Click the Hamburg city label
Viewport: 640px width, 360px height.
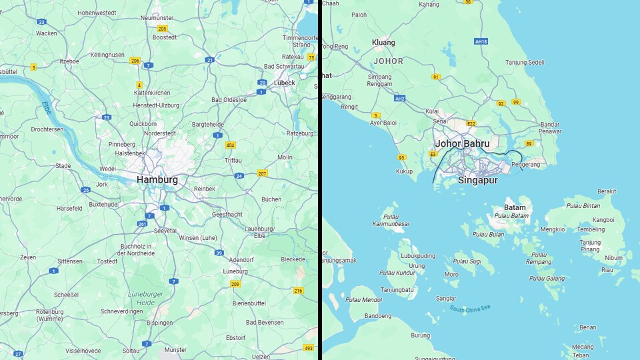(x=157, y=180)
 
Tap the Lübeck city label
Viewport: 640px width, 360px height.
(x=284, y=83)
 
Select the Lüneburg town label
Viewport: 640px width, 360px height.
(x=235, y=271)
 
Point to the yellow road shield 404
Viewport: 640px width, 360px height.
(x=231, y=145)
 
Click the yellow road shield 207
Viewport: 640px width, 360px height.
(x=262, y=173)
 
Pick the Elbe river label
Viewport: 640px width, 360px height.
(x=46, y=107)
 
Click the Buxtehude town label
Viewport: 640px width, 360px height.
(x=103, y=204)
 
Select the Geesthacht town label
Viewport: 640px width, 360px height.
(x=228, y=215)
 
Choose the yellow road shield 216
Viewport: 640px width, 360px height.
(x=298, y=290)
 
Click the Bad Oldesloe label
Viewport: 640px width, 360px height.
(x=229, y=100)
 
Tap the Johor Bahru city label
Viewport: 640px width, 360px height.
(x=462, y=143)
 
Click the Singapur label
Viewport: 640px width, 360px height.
(x=478, y=180)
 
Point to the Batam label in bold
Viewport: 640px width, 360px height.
(x=515, y=207)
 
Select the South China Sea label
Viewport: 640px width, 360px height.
(x=470, y=308)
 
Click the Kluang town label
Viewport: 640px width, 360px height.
(x=383, y=43)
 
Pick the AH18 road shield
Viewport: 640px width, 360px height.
(x=481, y=41)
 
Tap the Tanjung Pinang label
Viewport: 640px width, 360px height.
(x=591, y=246)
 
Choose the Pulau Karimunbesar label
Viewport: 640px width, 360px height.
(x=396, y=220)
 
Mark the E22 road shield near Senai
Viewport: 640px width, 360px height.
(x=471, y=123)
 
